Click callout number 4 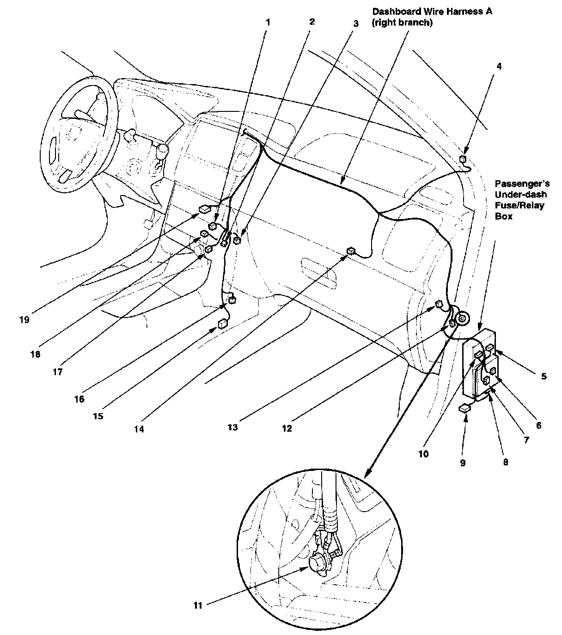click(499, 67)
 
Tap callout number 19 click(24, 320)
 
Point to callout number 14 click(139, 429)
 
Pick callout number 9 click(463, 463)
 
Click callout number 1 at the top click(268, 22)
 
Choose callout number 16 click(79, 399)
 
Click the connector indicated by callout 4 click(463, 159)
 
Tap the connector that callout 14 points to click(351, 251)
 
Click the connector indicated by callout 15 click(223, 323)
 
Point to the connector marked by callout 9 click(465, 409)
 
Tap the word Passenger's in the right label click(522, 184)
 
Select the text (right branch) click(402, 23)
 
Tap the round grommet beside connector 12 click(462, 319)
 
